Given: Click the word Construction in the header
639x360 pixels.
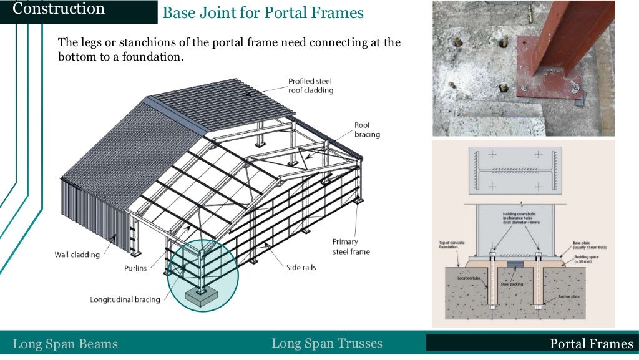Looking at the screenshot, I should [59, 9].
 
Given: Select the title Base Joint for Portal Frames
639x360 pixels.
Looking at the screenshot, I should [263, 13].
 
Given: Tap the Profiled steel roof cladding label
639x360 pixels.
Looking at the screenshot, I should [310, 85].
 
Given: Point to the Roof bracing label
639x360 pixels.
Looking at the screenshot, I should [367, 130].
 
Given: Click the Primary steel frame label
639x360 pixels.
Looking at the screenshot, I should [351, 246].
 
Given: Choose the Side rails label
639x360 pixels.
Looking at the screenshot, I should [301, 267].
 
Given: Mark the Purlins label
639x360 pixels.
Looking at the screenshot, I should [134, 269].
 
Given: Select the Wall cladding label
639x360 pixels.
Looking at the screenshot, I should [77, 255].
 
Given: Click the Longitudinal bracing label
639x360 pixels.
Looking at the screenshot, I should [125, 299].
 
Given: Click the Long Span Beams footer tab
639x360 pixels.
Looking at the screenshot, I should [65, 344].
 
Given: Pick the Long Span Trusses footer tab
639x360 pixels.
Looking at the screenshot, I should [327, 343].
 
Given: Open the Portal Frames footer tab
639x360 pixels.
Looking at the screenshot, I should [591, 344].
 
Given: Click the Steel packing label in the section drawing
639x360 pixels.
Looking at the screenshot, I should [514, 284].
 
